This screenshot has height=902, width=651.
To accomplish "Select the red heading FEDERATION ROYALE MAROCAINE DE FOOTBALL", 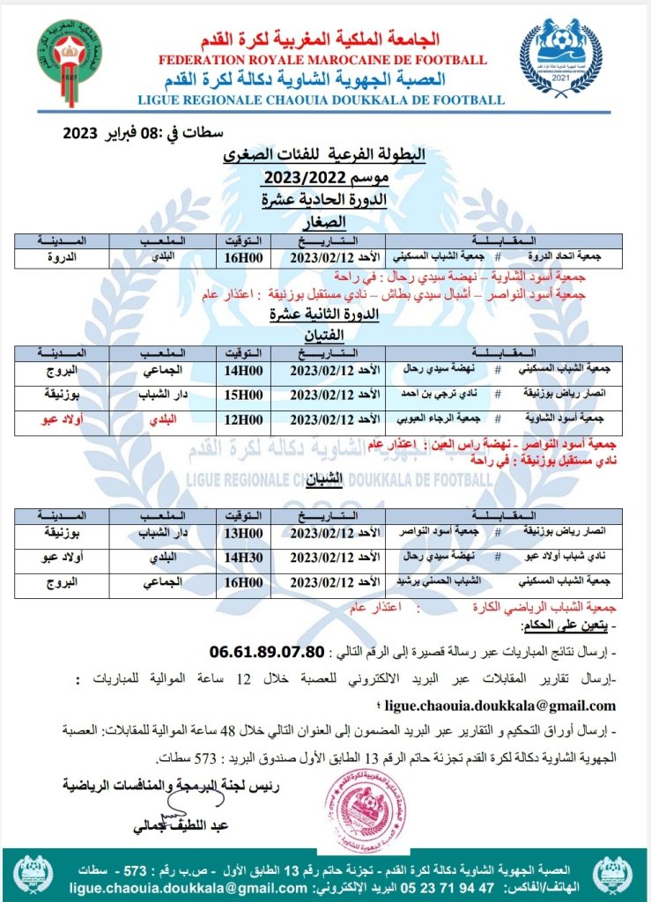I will pos(322,60).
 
